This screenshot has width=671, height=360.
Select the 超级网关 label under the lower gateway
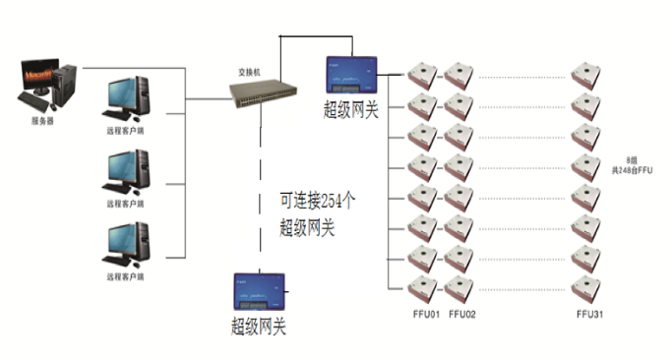(x=258, y=326)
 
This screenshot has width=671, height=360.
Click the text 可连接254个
(x=316, y=200)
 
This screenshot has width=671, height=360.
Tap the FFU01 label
(x=425, y=315)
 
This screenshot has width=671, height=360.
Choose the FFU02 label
(x=462, y=315)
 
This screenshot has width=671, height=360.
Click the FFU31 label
(x=591, y=315)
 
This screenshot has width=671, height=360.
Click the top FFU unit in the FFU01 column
(x=424, y=75)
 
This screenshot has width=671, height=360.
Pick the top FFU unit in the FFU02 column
(x=458, y=75)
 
